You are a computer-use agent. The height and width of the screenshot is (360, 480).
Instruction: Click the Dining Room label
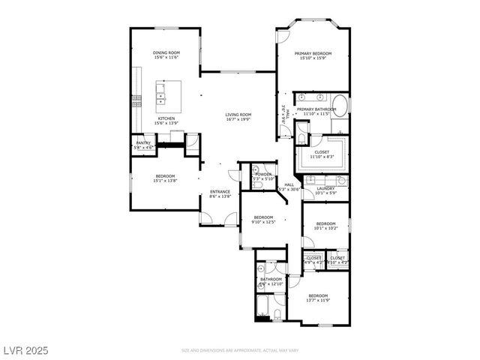pyautogui.click(x=166, y=52)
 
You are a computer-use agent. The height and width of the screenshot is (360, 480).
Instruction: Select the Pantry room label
pyautogui.click(x=143, y=142)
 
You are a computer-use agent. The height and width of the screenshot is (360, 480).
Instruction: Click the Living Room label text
pyautogui.click(x=238, y=114)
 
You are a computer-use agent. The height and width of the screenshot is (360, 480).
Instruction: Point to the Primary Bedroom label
pyautogui.click(x=313, y=54)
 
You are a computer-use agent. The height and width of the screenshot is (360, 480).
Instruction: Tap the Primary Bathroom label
pyautogui.click(x=316, y=109)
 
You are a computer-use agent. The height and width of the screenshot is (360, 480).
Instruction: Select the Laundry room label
pyautogui.click(x=325, y=188)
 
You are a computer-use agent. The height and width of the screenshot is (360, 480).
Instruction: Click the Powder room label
pyautogui.click(x=262, y=174)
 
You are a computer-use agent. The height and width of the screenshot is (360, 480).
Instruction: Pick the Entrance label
pyautogui.click(x=220, y=191)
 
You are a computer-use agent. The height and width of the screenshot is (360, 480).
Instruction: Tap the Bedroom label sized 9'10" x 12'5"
pyautogui.click(x=264, y=217)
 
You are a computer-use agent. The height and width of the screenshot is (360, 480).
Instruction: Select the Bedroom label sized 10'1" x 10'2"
pyautogui.click(x=326, y=223)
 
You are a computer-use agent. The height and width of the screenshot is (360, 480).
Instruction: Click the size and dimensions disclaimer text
pyautogui.click(x=240, y=350)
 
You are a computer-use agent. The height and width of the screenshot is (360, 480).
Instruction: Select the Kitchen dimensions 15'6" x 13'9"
pyautogui.click(x=166, y=123)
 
